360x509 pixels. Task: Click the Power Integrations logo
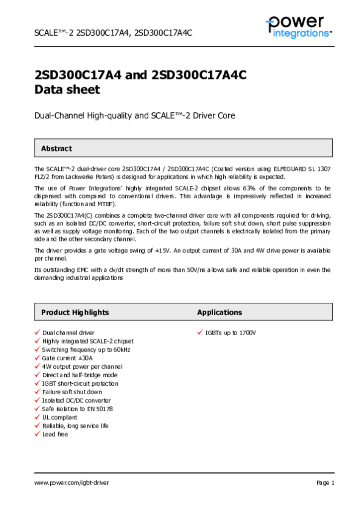298,27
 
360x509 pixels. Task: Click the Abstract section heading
56,149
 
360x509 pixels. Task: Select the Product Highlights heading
75,313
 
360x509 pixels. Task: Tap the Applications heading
219,313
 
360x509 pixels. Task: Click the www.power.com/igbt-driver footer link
71,483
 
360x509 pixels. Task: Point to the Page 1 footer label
325,483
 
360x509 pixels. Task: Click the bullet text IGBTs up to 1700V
230,333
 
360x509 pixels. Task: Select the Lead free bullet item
55,434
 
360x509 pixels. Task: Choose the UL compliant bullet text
60,418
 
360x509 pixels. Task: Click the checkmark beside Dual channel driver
37,332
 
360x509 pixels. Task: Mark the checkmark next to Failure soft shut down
37,392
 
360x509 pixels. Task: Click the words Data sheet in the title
67,90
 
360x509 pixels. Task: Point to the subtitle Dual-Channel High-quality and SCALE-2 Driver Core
134,116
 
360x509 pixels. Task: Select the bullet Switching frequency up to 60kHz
86,349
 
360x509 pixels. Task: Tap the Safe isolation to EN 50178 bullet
77,409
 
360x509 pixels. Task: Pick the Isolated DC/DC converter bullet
76,401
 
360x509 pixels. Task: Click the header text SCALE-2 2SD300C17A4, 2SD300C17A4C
113,33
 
